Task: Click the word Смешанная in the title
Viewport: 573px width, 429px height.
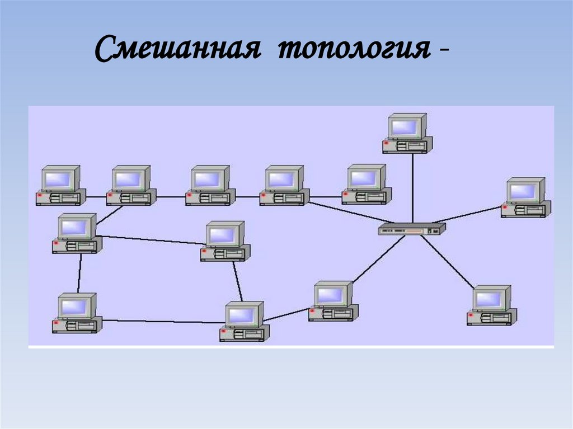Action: click(x=177, y=51)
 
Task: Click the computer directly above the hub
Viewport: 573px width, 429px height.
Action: click(x=407, y=133)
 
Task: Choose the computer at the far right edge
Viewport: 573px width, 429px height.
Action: click(x=525, y=197)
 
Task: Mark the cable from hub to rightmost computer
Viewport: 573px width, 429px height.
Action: click(x=469, y=215)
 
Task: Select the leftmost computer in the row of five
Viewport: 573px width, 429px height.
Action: click(x=60, y=185)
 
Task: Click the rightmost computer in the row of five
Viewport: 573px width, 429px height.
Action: click(x=367, y=184)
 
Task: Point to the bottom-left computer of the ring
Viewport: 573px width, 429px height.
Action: click(x=77, y=313)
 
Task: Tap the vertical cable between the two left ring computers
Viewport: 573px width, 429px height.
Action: click(x=79, y=273)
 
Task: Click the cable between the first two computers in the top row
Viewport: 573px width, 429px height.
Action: click(x=96, y=196)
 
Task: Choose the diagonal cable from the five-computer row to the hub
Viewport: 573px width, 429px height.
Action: click(x=347, y=211)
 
